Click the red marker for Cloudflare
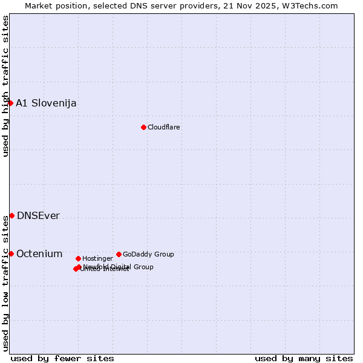pyautogui.click(x=143, y=127)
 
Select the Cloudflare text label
pyautogui.click(x=164, y=127)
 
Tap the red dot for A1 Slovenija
pyautogui.click(x=10, y=103)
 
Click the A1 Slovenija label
pyautogui.click(x=46, y=103)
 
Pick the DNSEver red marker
pyautogui.click(x=11, y=215)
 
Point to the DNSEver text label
pyautogui.click(x=38, y=216)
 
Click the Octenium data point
pyautogui.click(x=11, y=253)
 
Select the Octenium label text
pyautogui.click(x=39, y=254)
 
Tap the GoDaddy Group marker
pyautogui.click(x=119, y=254)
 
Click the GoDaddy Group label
pyautogui.click(x=148, y=254)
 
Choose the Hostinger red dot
pyautogui.click(x=78, y=258)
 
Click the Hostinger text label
pyautogui.click(x=97, y=258)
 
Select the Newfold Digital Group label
pyautogui.click(x=118, y=267)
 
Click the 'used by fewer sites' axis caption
pyautogui.click(x=62, y=358)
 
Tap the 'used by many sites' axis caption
pyautogui.click(x=304, y=358)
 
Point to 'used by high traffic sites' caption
pyautogui.click(x=5, y=86)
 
